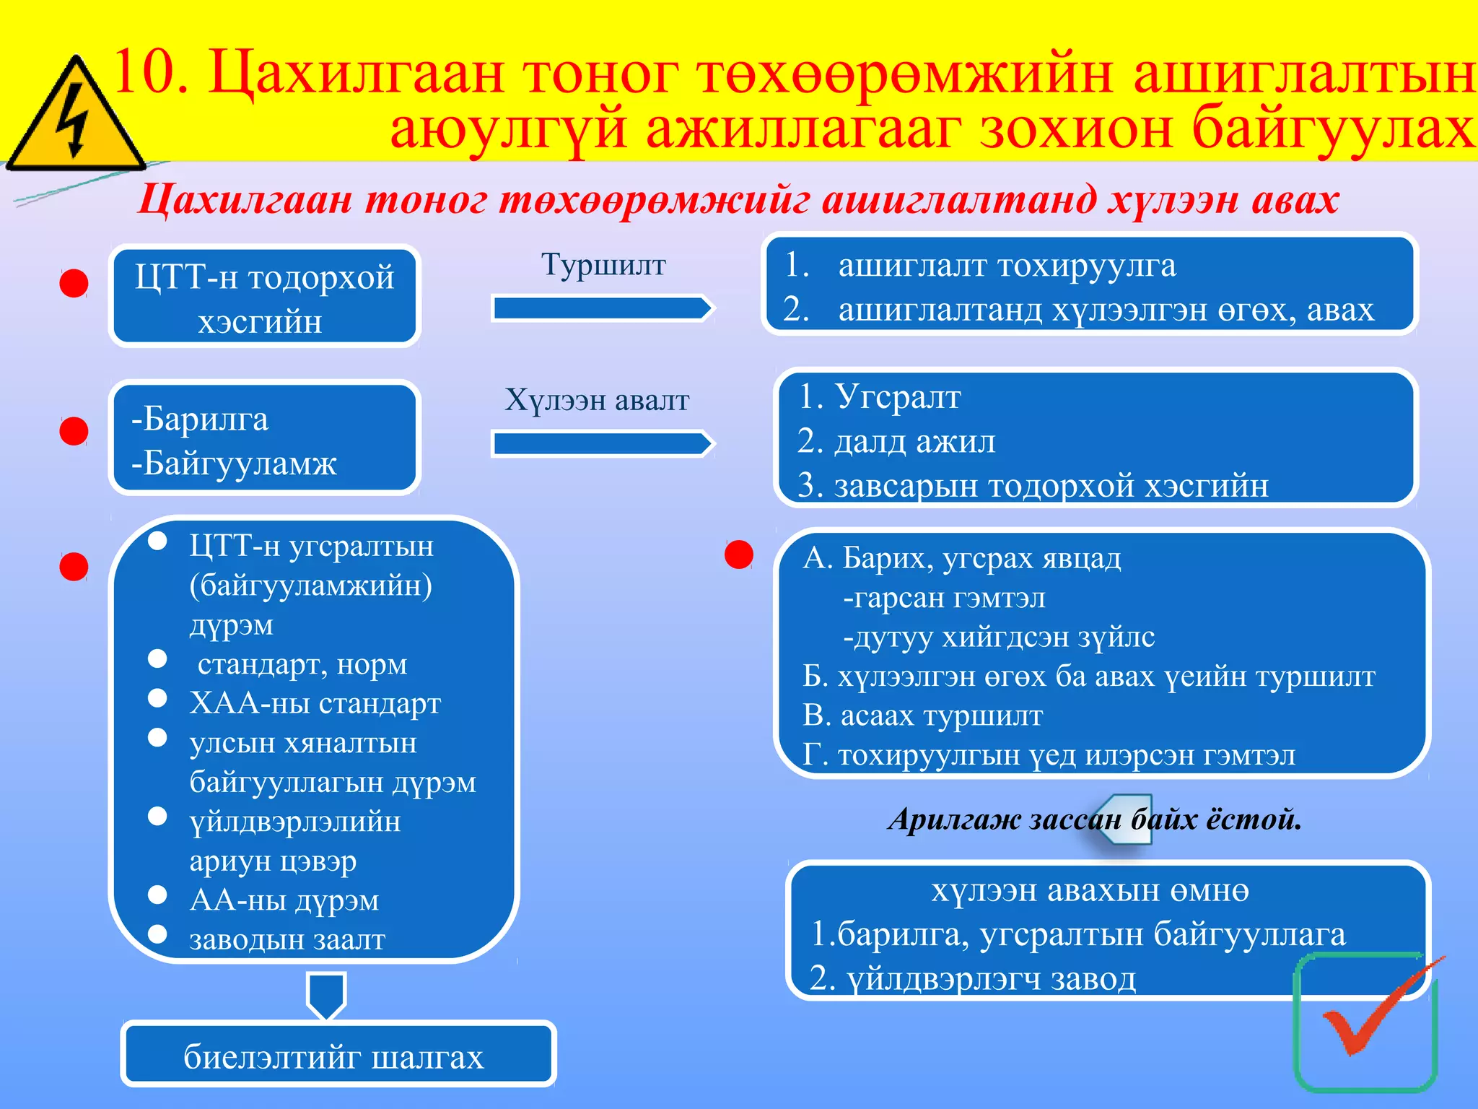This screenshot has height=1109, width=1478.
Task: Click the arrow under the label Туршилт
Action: coord(602,309)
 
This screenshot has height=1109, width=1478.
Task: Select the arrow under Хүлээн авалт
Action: coord(602,444)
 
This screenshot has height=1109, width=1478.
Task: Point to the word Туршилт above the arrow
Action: coord(603,265)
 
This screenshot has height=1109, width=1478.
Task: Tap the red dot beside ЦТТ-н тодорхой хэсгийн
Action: coord(74,284)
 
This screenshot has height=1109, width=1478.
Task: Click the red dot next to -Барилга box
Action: coord(74,432)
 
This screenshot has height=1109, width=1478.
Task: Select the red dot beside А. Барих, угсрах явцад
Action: coord(738,554)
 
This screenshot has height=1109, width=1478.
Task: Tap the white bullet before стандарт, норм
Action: coord(157,658)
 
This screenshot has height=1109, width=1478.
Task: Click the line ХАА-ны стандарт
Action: coord(315,703)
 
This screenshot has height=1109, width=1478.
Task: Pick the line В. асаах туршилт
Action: coord(922,716)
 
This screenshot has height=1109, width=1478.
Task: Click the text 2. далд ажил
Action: coord(896,441)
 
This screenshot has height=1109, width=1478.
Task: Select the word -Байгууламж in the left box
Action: coord(234,464)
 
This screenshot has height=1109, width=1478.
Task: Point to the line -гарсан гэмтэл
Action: coord(944,598)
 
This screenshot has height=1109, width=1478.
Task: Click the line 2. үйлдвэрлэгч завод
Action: coord(972,979)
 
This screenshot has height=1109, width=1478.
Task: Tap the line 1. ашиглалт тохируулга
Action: coord(1006,266)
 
